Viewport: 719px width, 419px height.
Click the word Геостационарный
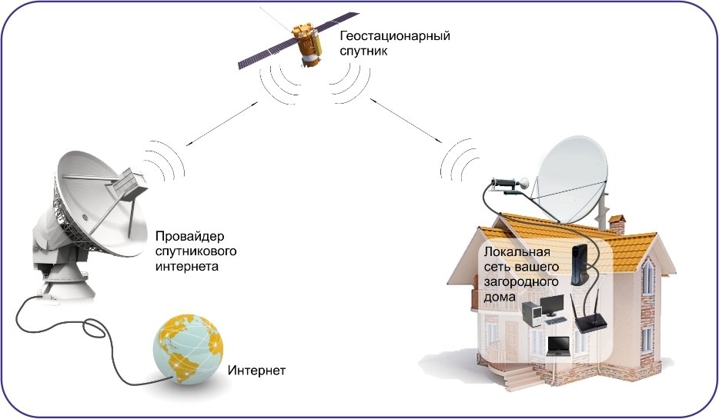(395, 36)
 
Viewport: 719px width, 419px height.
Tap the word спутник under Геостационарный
(363, 52)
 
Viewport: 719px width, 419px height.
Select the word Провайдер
(190, 237)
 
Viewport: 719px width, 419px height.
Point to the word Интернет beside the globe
(257, 370)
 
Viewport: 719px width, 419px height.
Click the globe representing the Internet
(188, 349)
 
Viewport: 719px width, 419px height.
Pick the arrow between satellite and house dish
(406, 120)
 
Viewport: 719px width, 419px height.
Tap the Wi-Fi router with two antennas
(590, 316)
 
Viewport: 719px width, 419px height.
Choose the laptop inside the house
(559, 346)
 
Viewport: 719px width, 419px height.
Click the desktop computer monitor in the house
(552, 305)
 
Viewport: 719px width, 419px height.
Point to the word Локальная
(517, 252)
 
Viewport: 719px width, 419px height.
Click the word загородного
(521, 281)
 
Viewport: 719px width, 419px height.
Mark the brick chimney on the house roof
(617, 224)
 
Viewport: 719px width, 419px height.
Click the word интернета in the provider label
(186, 267)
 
